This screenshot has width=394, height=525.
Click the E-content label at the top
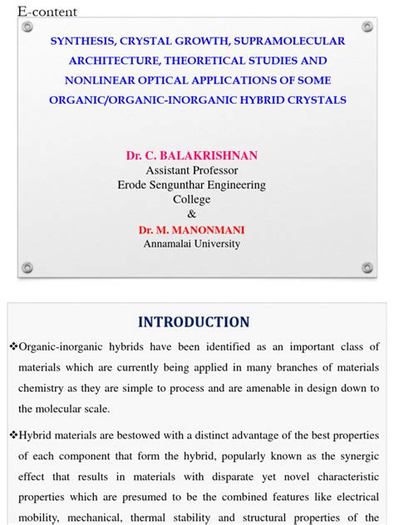tap(47, 12)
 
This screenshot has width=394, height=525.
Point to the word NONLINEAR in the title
tap(98, 81)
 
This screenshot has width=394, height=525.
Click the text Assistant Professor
tap(192, 170)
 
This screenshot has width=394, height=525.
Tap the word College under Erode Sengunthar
tap(192, 199)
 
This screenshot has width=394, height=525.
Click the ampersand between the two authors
tap(192, 213)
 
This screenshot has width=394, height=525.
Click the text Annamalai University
tap(192, 243)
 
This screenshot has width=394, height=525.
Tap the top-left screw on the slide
tap(27, 27)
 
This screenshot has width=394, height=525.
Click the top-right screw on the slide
tap(367, 27)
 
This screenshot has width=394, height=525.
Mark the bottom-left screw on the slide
tap(27, 267)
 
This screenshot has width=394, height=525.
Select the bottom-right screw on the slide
tap(367, 267)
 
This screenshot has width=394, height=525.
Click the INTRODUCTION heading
tap(194, 322)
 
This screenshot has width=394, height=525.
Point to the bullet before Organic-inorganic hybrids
tap(12, 346)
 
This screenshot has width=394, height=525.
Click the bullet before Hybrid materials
tap(12, 434)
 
